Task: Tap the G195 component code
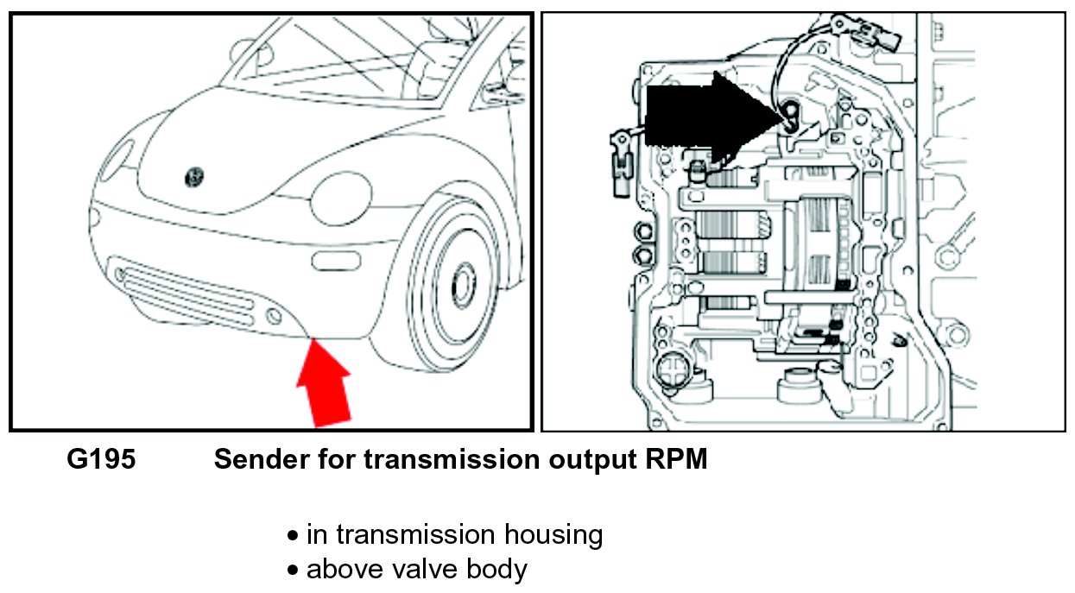[x=101, y=460]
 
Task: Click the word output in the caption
[x=588, y=460]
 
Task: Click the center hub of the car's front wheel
[x=463, y=281]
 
